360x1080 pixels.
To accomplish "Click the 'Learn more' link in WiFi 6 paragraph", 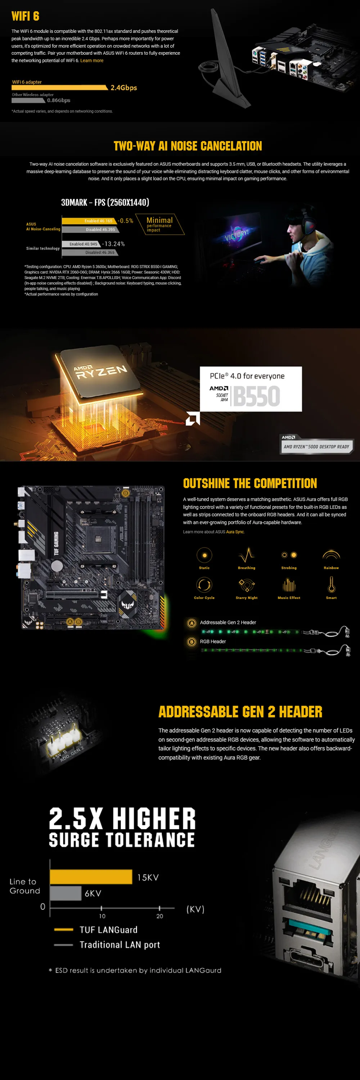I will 92,60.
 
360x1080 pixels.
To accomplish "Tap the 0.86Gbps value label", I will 59,100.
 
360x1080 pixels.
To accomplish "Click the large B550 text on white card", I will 256,396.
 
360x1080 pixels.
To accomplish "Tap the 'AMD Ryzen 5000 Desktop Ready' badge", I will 316,446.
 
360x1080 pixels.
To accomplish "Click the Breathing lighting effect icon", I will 247,555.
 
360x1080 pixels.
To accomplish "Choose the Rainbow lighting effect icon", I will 331,555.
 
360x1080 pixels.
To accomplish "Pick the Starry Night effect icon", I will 247,585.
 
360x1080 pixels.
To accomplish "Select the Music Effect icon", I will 289,585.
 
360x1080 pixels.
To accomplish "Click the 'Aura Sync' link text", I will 235,532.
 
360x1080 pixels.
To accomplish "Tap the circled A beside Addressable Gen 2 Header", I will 192,623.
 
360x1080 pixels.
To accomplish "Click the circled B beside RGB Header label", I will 192,642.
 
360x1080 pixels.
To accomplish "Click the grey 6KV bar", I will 66,893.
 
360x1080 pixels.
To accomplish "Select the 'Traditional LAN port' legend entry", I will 120,945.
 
